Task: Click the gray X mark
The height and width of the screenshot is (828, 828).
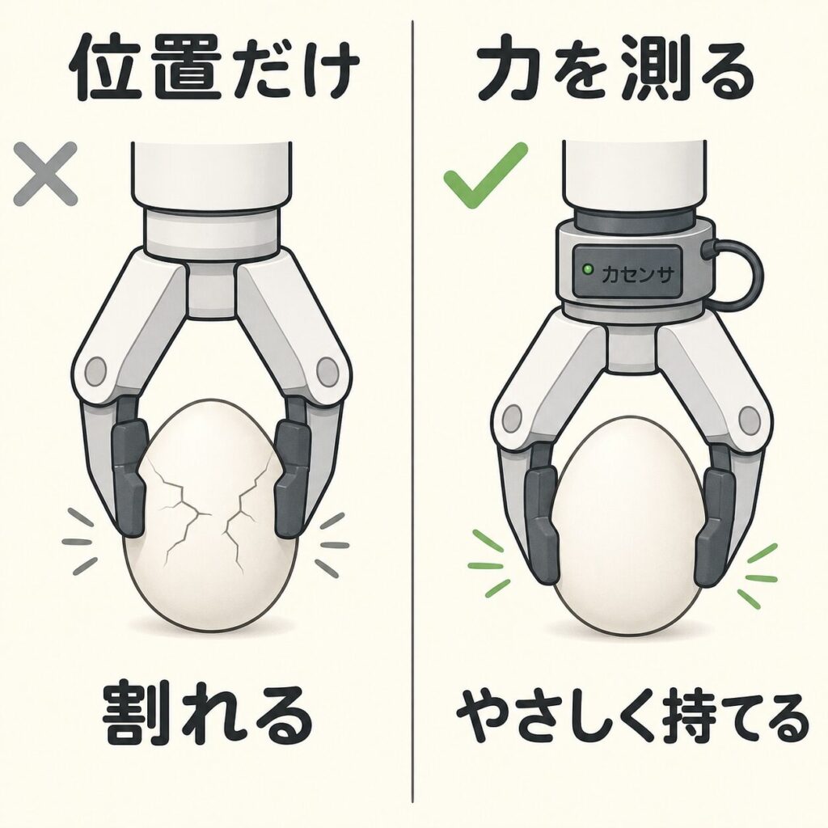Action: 45,174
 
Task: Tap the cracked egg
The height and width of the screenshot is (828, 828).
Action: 210,515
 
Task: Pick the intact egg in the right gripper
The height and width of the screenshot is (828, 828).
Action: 626,528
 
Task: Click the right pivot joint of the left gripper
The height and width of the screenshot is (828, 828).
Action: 327,371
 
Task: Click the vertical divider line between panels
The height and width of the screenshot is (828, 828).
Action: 412,412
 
